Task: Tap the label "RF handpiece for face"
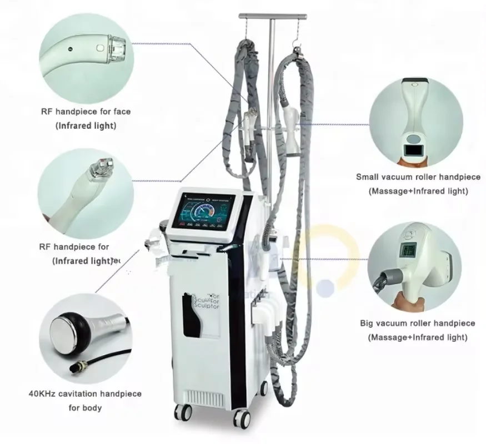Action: pos(86,112)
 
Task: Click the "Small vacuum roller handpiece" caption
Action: pos(418,178)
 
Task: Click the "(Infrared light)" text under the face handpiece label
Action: pos(86,126)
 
